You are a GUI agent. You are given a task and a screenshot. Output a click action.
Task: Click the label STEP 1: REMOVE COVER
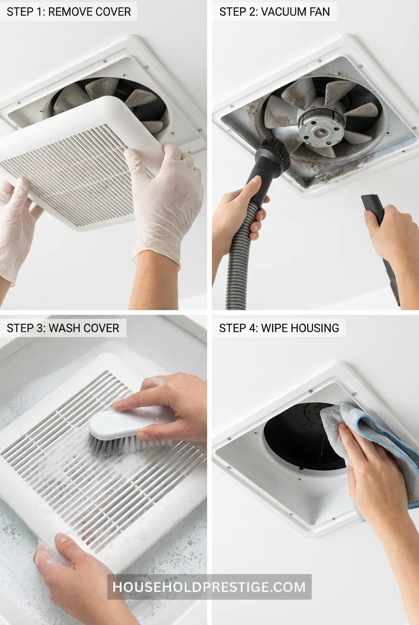click(x=68, y=11)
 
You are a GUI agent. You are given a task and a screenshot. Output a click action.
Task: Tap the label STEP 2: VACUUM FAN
click(x=274, y=11)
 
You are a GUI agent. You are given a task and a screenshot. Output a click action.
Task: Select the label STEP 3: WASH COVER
click(x=63, y=328)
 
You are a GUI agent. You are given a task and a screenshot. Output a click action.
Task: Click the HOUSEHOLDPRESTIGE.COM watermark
click(x=209, y=587)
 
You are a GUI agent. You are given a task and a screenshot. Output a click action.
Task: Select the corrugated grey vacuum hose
click(x=240, y=257)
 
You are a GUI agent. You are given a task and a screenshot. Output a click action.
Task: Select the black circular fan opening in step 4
click(x=301, y=435)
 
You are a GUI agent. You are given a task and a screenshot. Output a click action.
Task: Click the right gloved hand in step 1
click(x=163, y=198)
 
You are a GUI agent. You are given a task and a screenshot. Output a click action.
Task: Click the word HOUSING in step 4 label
click(x=315, y=328)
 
